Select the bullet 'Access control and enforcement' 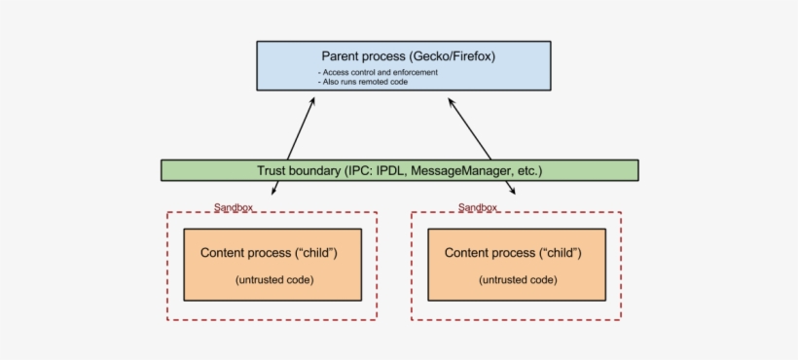(378, 73)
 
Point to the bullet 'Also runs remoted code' (365, 83)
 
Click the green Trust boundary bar (399, 170)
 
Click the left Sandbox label (234, 207)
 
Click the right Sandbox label (478, 207)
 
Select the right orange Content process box (516, 264)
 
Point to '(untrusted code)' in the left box (273, 280)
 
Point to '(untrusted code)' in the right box (518, 280)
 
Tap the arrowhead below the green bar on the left (273, 191)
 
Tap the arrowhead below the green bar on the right (510, 191)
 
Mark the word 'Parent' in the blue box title (343, 56)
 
